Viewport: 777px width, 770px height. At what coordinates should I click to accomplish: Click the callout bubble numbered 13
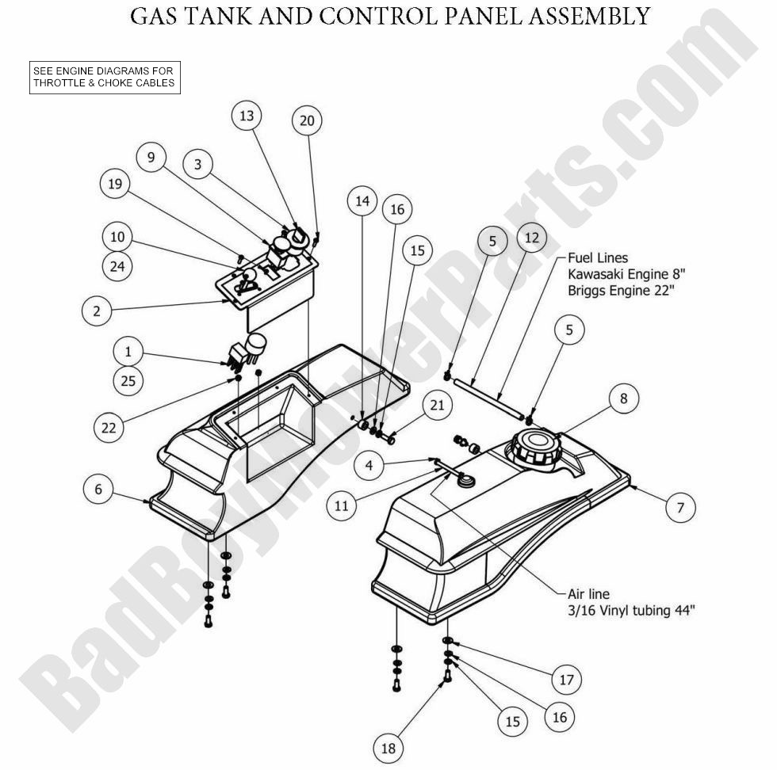[247, 116]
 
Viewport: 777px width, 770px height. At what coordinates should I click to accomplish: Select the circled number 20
[307, 120]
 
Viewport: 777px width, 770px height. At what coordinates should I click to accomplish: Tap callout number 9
[151, 157]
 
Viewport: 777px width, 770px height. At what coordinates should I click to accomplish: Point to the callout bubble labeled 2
[97, 311]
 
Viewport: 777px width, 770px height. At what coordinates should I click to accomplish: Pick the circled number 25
[128, 381]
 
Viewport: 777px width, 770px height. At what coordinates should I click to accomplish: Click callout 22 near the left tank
[108, 427]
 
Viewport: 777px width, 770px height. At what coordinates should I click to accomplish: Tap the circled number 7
[679, 507]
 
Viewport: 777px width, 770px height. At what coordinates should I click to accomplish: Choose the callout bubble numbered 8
[624, 398]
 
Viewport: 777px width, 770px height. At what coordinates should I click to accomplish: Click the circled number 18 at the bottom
[388, 748]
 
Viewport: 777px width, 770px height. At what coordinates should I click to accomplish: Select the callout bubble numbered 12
[531, 237]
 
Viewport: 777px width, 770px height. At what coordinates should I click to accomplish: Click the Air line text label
[588, 593]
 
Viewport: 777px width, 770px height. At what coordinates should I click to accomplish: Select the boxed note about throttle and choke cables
[103, 77]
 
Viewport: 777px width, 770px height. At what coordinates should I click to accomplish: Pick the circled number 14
[362, 201]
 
